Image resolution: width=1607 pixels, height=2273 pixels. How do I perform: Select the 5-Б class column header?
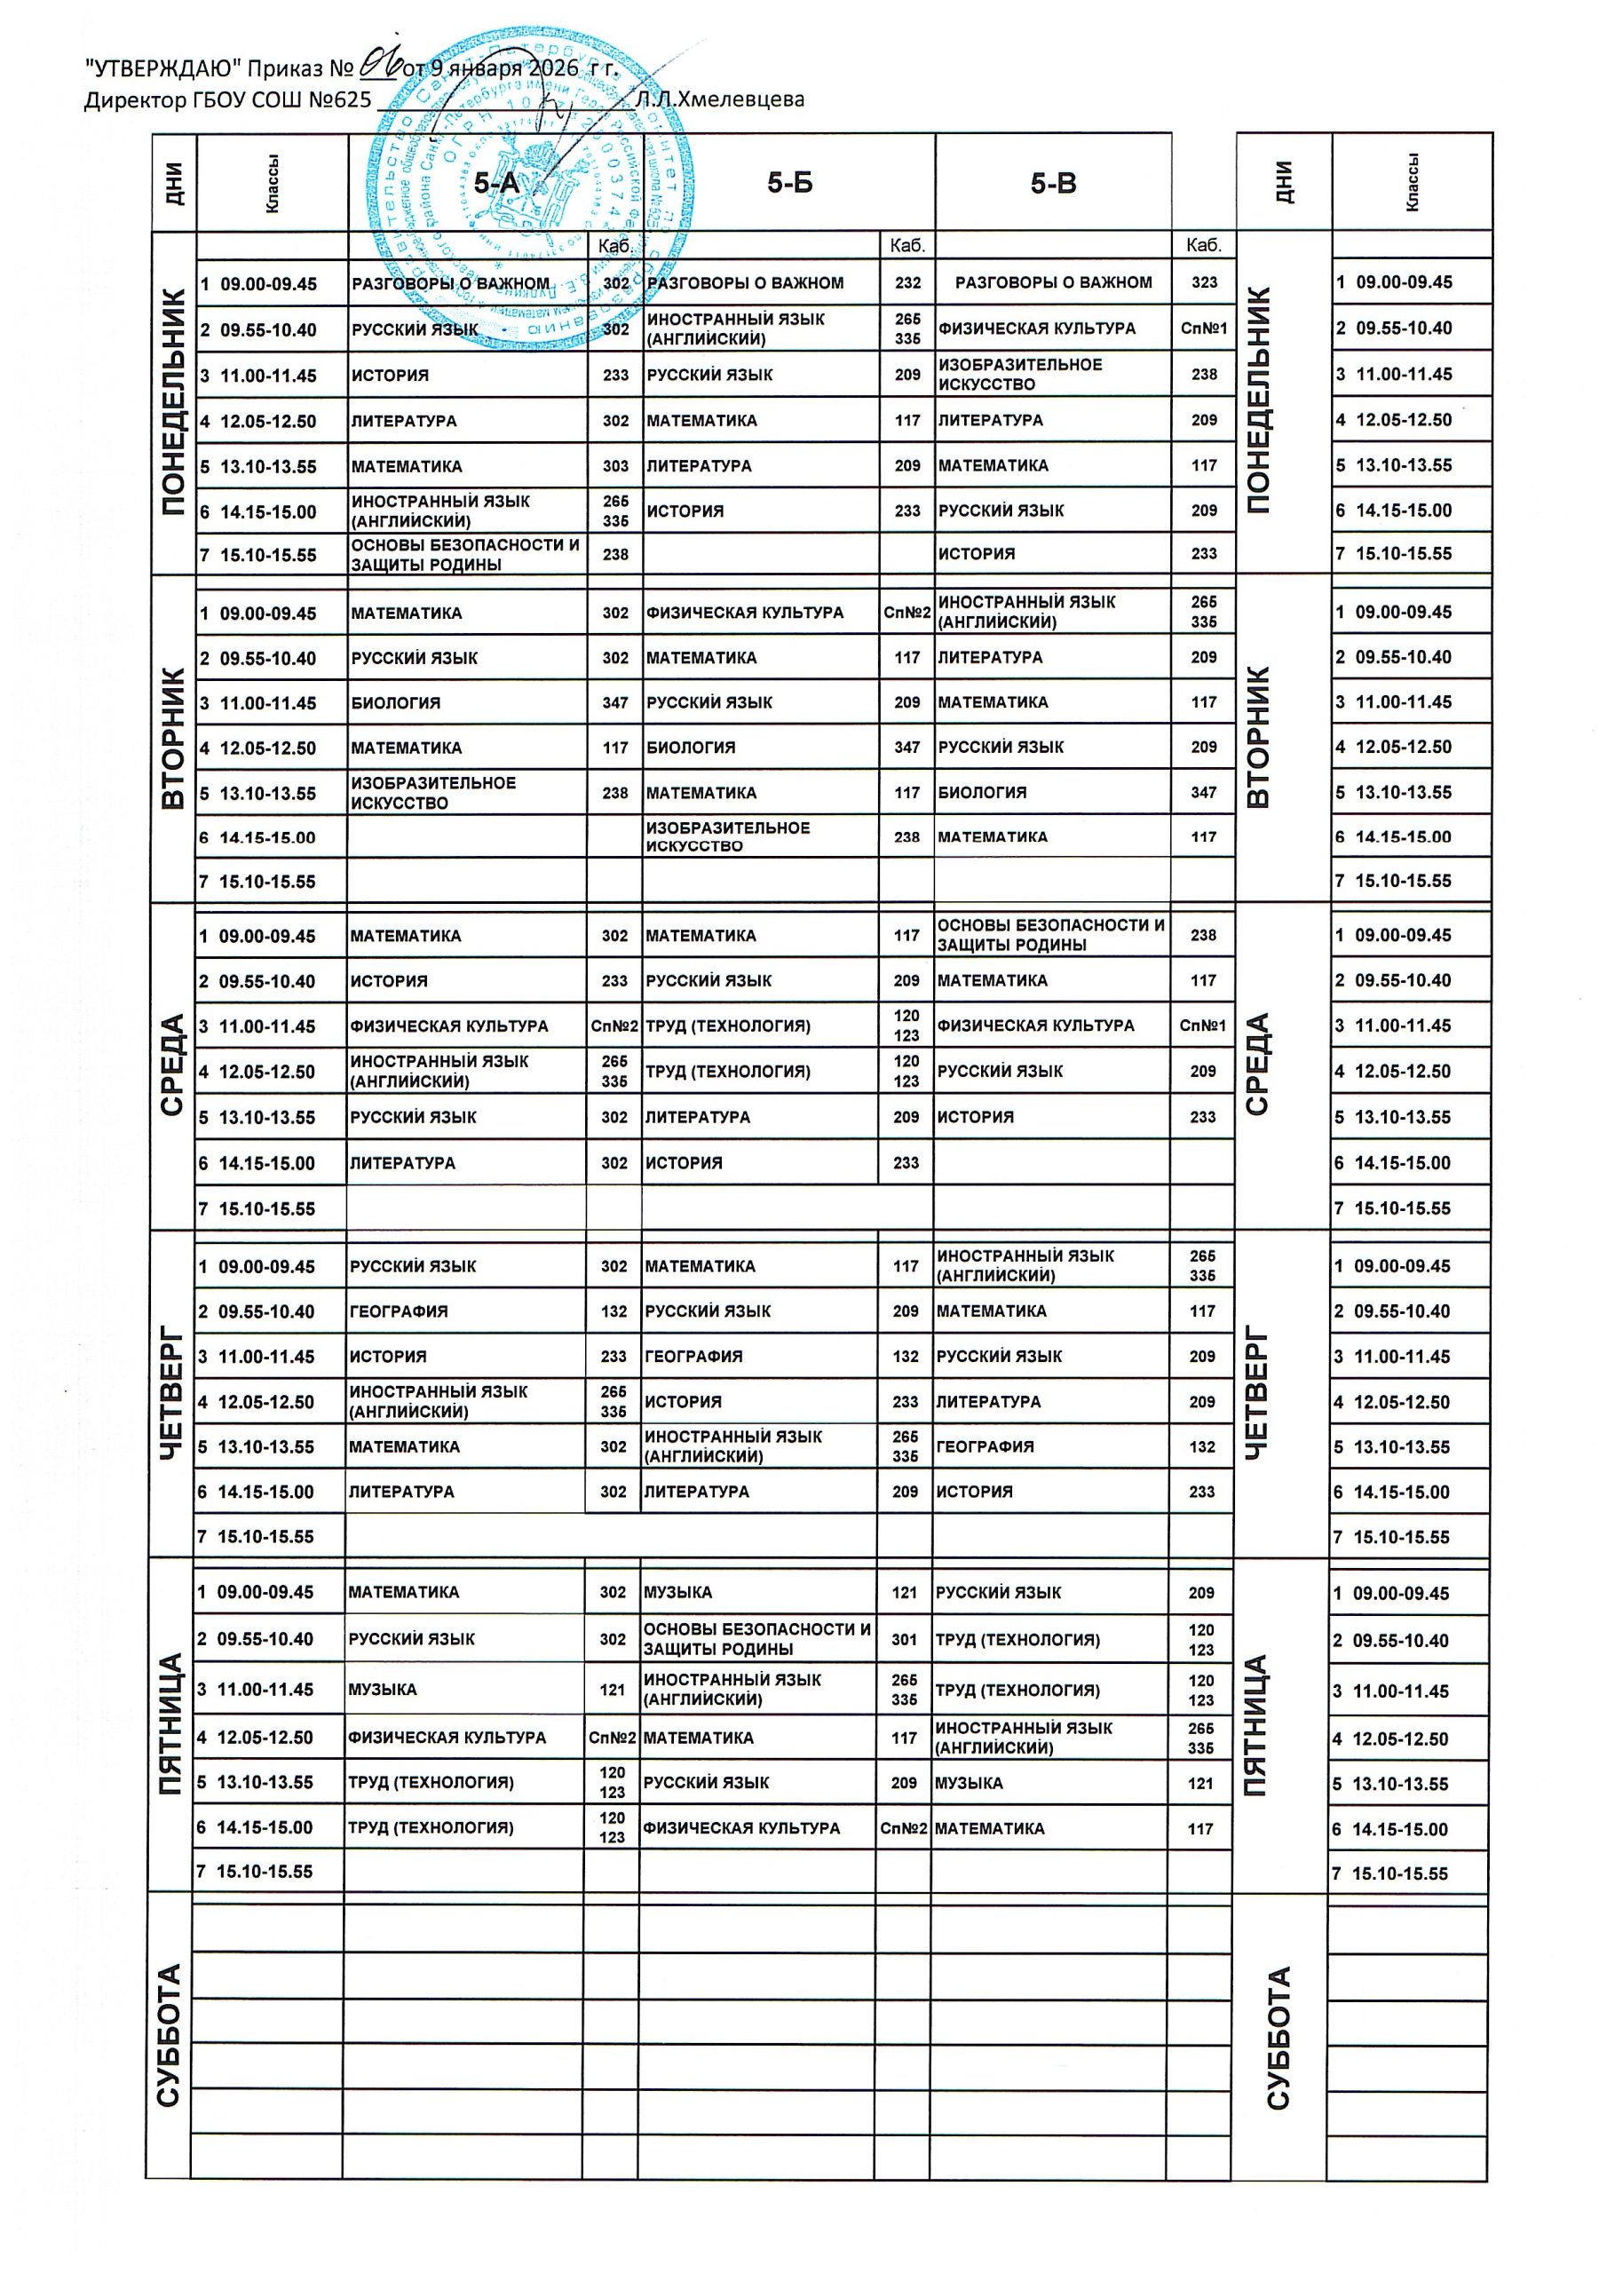tap(789, 183)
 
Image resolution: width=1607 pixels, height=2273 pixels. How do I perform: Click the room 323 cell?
tap(1204, 282)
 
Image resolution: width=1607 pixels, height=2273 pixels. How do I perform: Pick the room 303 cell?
tap(615, 466)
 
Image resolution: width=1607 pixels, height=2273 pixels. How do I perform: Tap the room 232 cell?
tap(907, 283)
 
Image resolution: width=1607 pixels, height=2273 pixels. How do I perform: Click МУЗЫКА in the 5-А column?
tap(382, 1690)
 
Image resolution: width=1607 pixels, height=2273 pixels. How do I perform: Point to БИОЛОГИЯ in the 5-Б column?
tap(690, 748)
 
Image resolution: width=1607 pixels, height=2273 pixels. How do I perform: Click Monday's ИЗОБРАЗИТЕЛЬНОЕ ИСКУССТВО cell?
tap(1020, 374)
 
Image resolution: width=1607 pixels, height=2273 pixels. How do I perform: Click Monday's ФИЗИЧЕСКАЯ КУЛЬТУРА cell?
tap(1037, 329)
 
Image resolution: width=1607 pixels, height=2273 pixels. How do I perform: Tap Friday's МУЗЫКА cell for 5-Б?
tap(677, 1593)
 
